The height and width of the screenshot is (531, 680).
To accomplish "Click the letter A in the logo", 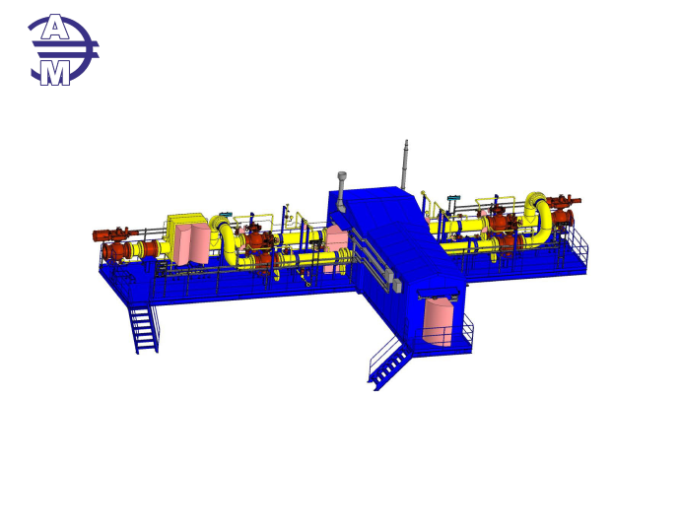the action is [54, 28].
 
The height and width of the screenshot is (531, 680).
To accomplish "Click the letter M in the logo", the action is [55, 73].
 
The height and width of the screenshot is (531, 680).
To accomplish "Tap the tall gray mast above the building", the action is [405, 165].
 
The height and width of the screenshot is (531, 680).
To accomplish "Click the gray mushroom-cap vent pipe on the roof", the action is [342, 191].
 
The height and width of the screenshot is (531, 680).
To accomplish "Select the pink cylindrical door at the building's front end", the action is [438, 321].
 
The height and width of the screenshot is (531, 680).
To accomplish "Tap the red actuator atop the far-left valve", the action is [113, 234].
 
